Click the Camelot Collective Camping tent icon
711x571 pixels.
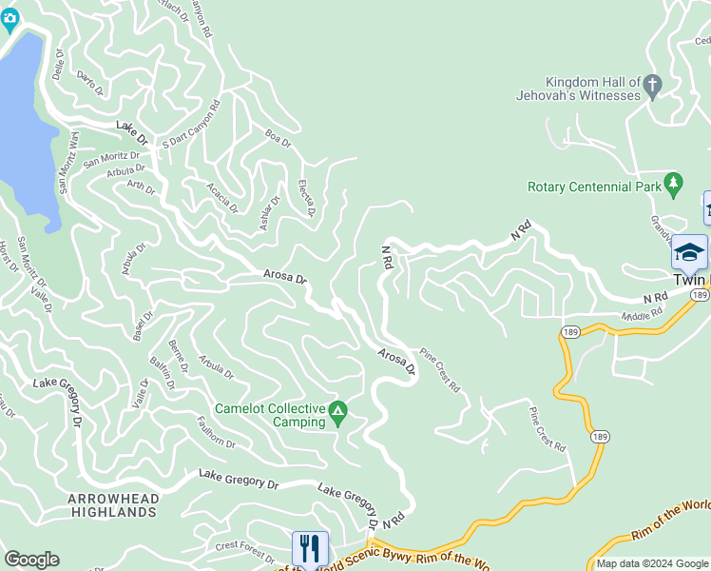pyautogui.click(x=337, y=414)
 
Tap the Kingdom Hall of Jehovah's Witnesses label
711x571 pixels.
pyautogui.click(x=591, y=89)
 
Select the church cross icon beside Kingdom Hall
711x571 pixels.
pyautogui.click(x=652, y=88)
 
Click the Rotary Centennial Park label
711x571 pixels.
pyautogui.click(x=594, y=187)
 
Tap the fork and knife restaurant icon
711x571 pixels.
pyautogui.click(x=310, y=549)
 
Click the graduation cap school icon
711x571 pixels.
pyautogui.click(x=689, y=252)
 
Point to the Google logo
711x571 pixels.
pyautogui.click(x=31, y=560)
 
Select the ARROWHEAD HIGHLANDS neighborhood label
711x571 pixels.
pyautogui.click(x=111, y=505)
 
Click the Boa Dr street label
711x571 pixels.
pyautogui.click(x=278, y=139)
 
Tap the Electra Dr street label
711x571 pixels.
pyautogui.click(x=306, y=197)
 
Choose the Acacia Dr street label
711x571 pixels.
pyautogui.click(x=223, y=199)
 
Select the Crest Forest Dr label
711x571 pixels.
pyautogui.click(x=244, y=546)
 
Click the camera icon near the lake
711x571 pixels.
pyautogui.click(x=11, y=18)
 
